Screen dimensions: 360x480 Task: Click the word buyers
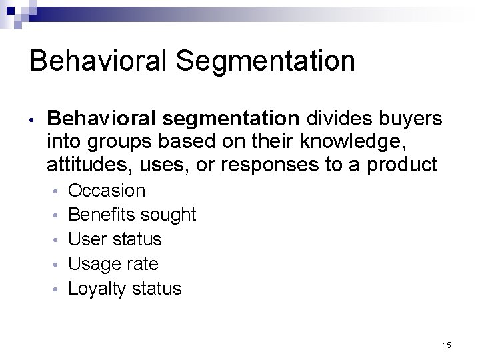[407, 120]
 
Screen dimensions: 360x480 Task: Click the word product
[401, 165]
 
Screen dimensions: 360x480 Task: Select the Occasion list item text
[107, 191]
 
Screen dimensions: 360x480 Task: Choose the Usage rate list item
[113, 264]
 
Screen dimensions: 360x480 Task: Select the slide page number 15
[447, 345]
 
